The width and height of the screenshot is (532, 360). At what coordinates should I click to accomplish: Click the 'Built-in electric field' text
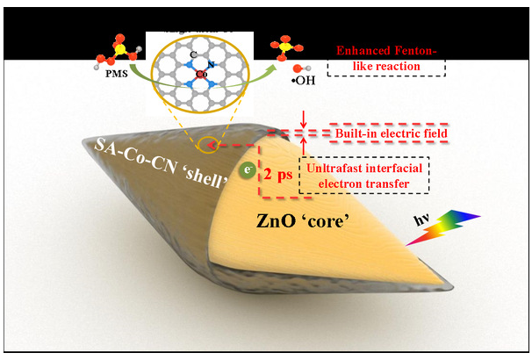pos(392,133)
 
